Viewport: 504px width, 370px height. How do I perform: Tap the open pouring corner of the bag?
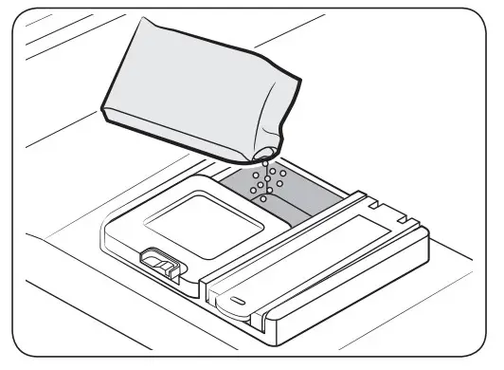(267, 151)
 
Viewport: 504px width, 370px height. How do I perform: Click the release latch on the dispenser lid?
(156, 262)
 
